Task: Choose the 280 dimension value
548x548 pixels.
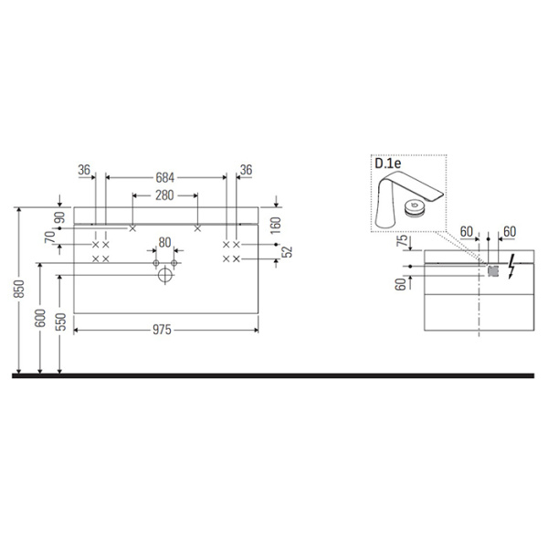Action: (x=164, y=196)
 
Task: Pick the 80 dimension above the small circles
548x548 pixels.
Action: (x=164, y=243)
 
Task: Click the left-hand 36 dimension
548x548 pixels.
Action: (x=84, y=170)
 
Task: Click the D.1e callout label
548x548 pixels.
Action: (x=389, y=165)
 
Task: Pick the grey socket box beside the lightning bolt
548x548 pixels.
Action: (x=492, y=270)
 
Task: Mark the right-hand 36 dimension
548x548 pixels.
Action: (x=245, y=170)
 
